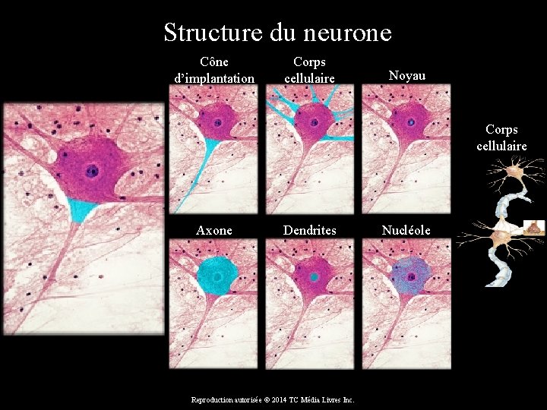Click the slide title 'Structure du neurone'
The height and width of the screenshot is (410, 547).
pos(277,33)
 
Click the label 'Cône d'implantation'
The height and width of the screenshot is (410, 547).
pos(213,69)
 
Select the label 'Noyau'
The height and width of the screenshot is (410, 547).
pos(406,75)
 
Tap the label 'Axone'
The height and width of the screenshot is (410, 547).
pos(213,230)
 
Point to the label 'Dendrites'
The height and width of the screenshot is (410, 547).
pos(309,230)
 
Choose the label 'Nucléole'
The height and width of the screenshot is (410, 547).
pos(406,230)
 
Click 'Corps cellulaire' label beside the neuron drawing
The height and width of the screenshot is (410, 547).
pos(501,137)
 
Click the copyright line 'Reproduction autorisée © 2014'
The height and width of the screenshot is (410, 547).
pos(273,399)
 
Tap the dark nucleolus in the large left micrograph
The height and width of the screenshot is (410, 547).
pos(92,170)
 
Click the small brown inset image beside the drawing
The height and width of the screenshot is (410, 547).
pos(535,225)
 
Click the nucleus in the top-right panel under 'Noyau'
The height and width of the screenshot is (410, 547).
pos(411,121)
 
